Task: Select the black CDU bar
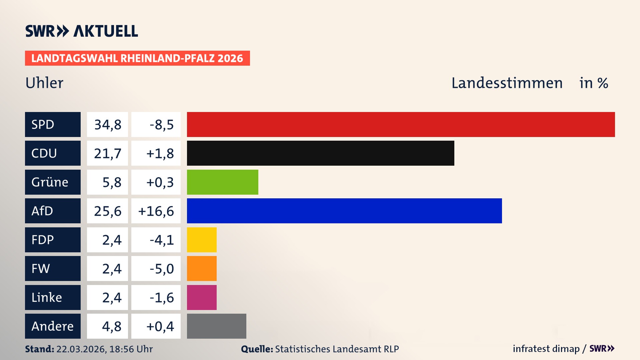[320, 153]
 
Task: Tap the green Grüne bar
[222, 182]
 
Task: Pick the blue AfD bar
[344, 211]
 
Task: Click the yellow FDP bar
[202, 240]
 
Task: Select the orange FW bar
[202, 268]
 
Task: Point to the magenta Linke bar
[202, 297]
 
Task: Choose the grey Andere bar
[216, 326]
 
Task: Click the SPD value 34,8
[107, 125]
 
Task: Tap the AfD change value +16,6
[156, 211]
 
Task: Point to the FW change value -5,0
[161, 269]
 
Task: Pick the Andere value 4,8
[111, 326]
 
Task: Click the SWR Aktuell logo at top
[82, 31]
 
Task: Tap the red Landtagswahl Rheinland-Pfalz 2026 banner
[137, 58]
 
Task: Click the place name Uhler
[44, 83]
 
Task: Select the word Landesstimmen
[507, 83]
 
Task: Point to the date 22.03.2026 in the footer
[81, 349]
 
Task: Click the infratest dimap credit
[546, 349]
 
